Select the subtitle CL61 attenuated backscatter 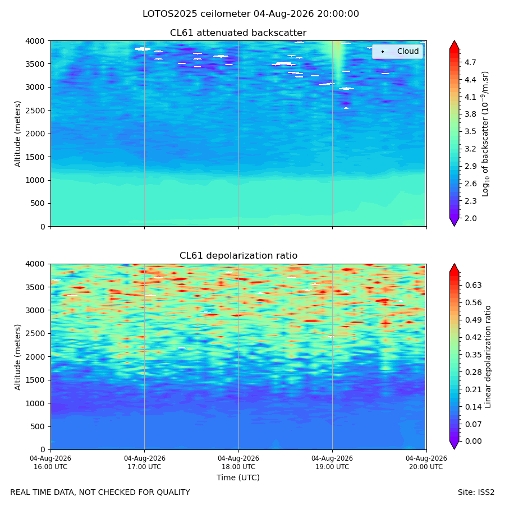(x=238, y=33)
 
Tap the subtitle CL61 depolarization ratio (x=238, y=255)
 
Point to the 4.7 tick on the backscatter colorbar (x=470, y=62)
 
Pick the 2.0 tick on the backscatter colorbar (x=470, y=218)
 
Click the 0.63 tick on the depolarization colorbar (x=474, y=285)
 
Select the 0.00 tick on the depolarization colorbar (x=474, y=441)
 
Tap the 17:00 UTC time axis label (x=144, y=462)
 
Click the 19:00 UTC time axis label (x=332, y=462)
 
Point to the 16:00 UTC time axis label (x=50, y=462)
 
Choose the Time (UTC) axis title (x=238, y=478)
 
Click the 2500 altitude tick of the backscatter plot (x=36, y=111)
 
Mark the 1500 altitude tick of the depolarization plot (x=36, y=380)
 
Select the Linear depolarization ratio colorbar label (x=488, y=357)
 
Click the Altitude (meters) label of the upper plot (x=17, y=134)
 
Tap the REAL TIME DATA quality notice (x=100, y=493)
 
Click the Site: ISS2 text (x=476, y=493)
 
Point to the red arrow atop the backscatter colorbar (x=454, y=45)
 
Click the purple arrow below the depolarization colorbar (x=454, y=445)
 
